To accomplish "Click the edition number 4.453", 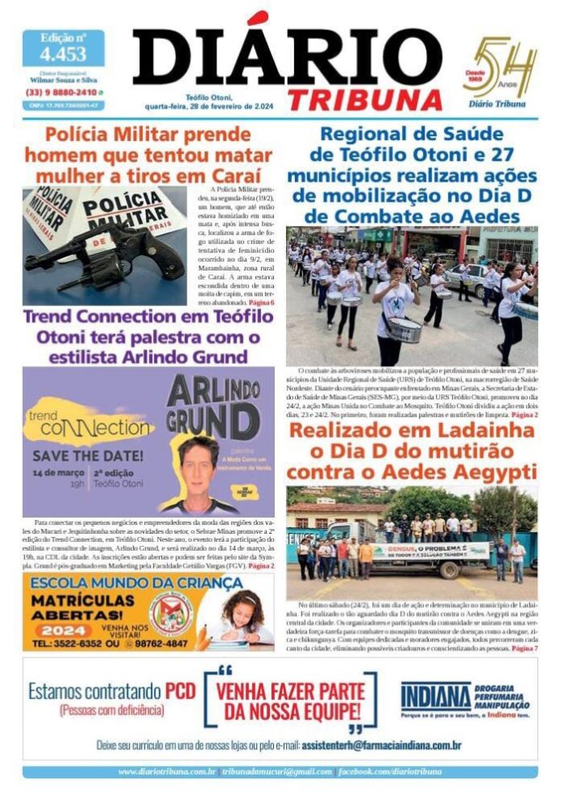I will [63, 54].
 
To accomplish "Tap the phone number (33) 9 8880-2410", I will [58, 92].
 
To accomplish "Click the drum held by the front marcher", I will [404, 329].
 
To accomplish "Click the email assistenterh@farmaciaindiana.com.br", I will [381, 744].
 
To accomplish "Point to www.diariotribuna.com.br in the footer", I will [166, 772].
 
